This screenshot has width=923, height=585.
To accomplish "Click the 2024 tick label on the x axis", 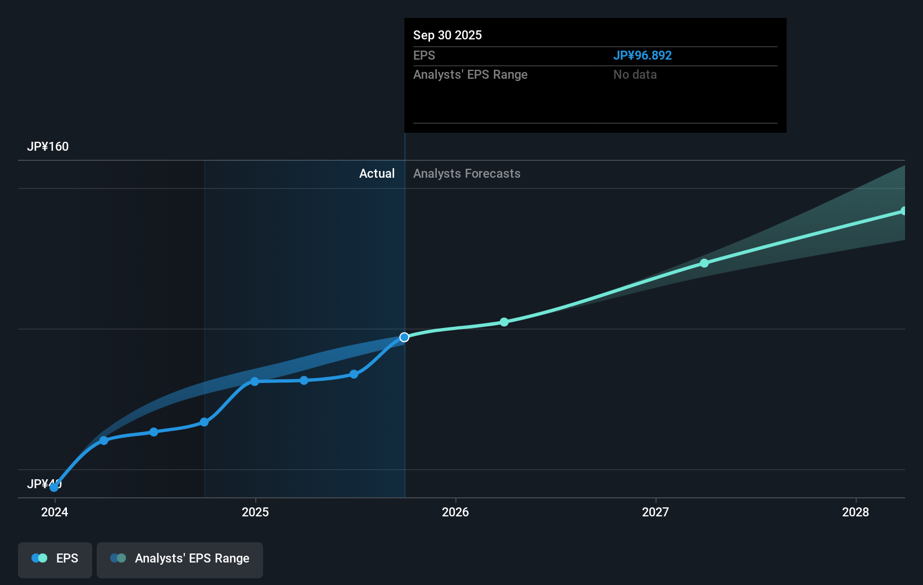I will point(55,512).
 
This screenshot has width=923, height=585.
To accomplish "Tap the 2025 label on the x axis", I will point(255,512).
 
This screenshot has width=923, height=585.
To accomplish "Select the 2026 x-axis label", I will point(455,512).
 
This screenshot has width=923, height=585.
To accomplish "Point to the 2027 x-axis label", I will point(655,512).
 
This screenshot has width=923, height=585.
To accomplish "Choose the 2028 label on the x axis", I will point(856,512).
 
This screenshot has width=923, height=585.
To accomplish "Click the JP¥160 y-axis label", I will point(48,147).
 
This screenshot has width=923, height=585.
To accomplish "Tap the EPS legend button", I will point(55,559).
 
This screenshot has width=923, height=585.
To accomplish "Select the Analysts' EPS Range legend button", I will point(180,559).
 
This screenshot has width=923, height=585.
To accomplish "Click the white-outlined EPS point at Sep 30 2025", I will point(404,337).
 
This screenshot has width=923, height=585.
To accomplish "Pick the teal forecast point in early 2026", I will point(504,322).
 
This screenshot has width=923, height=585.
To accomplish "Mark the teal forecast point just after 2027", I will point(704,263).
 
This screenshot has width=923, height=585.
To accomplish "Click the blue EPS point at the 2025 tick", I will point(255,381).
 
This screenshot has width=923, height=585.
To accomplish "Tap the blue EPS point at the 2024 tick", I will point(54,487).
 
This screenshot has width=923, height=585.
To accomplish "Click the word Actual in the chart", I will point(377,174).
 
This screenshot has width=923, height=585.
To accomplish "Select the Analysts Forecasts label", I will point(467,174).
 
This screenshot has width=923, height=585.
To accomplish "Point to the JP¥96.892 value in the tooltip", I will point(642,56).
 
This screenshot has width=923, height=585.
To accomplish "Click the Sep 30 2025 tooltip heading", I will point(447,35).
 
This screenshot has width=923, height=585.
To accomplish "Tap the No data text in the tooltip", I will point(635,75).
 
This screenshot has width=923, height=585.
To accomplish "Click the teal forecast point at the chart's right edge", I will point(903,211).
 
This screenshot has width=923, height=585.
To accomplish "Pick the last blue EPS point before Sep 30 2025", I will point(354,374).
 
